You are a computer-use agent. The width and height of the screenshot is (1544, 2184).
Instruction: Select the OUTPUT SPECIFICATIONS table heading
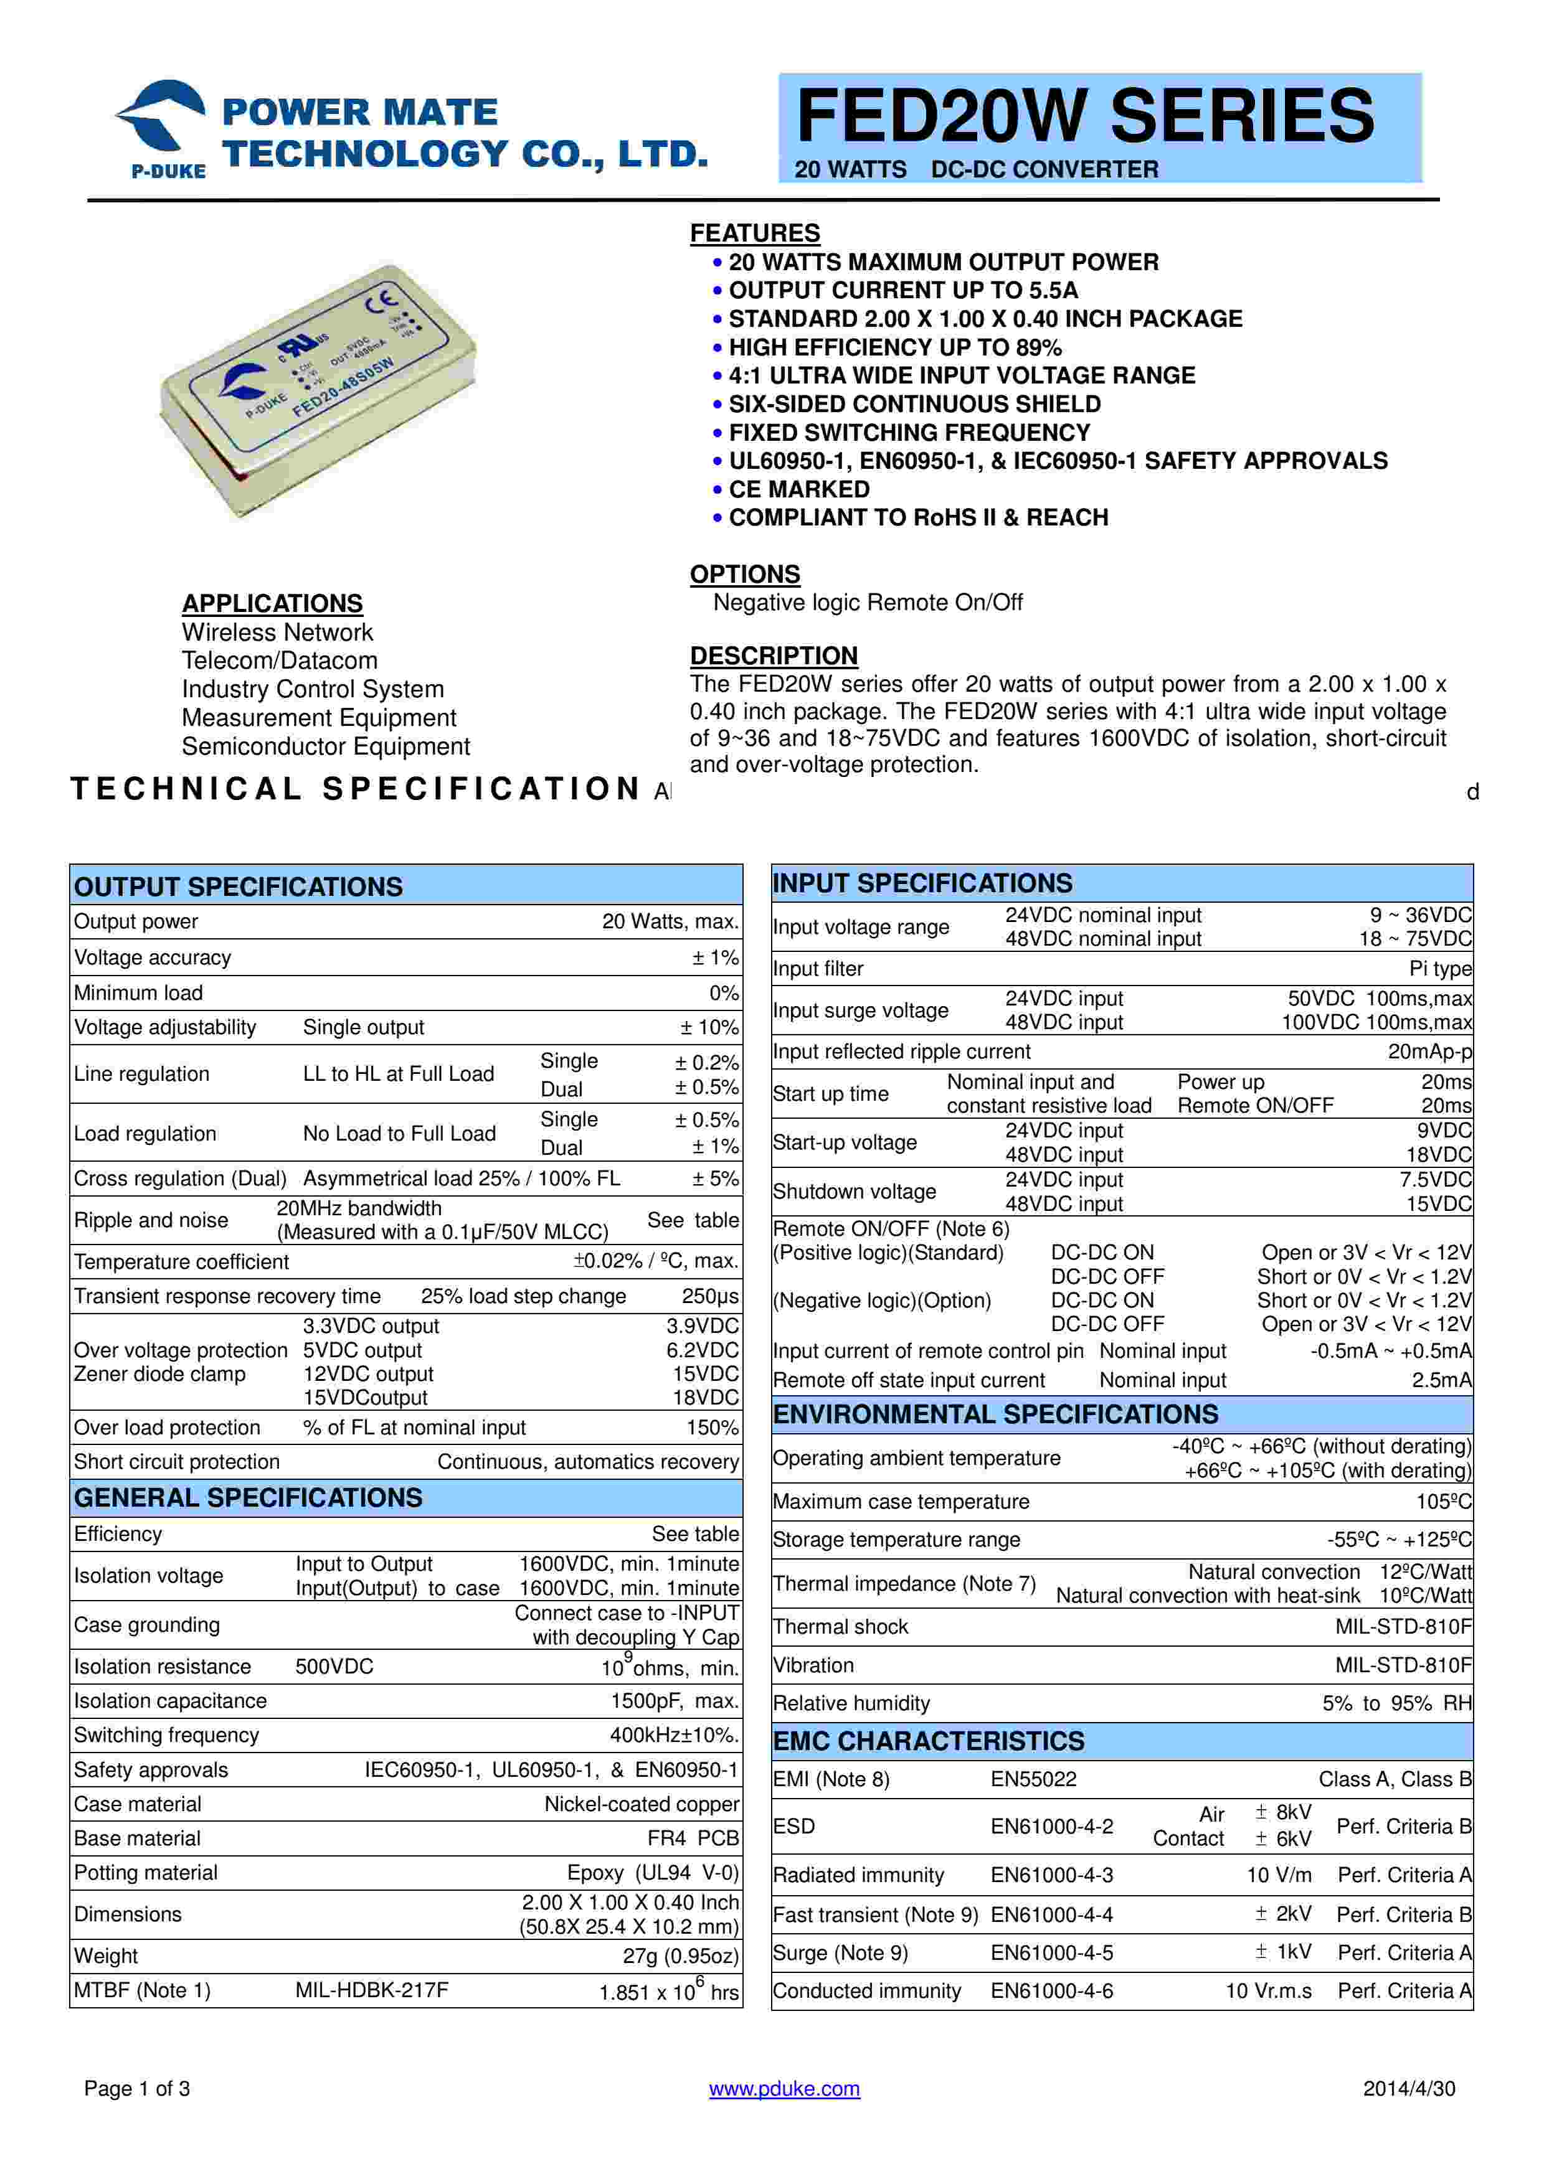coord(239,887)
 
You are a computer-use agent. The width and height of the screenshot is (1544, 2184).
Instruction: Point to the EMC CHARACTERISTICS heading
coord(929,1741)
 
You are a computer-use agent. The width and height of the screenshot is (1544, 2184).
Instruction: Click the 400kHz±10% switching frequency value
coord(673,1735)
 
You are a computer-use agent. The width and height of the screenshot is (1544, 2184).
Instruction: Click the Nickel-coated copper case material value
coord(641,1804)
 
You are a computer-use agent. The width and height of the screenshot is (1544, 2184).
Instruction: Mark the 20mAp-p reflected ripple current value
coord(1430,1051)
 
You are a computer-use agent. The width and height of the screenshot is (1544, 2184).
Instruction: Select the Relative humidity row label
coord(851,1703)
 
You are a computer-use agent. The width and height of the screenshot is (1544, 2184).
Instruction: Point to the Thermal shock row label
coord(840,1627)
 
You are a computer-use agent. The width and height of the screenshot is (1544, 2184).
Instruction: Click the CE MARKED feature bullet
coord(799,489)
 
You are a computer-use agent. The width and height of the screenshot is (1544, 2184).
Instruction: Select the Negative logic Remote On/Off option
coord(868,602)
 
